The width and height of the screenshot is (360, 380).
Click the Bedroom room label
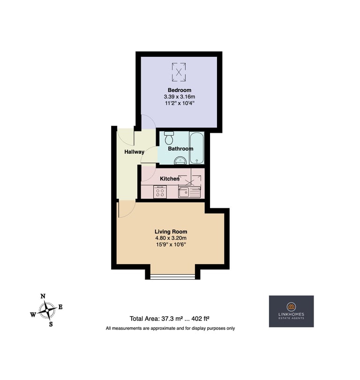180,90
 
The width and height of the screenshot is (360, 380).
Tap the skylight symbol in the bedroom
179,72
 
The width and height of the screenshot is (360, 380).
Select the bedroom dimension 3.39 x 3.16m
180,97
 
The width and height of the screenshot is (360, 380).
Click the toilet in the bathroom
168,138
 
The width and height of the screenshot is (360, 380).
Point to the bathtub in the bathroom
196,148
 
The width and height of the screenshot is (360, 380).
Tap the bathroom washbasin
180,160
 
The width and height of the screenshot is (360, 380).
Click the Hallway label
134,152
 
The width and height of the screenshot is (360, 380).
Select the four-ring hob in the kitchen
160,192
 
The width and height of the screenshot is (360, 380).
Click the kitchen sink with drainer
189,192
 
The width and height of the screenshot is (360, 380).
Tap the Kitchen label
170,179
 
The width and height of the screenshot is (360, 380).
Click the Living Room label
171,232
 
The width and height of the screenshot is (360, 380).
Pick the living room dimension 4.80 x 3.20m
171,238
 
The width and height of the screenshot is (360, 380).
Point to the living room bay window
172,277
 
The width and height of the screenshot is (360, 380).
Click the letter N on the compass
43,296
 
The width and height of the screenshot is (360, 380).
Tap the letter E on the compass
60,307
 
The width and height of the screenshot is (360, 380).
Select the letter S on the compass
51,324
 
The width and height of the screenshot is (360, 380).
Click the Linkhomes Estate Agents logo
291,311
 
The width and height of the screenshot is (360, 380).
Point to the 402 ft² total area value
200,319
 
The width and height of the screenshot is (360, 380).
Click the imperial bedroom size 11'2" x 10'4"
180,103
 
